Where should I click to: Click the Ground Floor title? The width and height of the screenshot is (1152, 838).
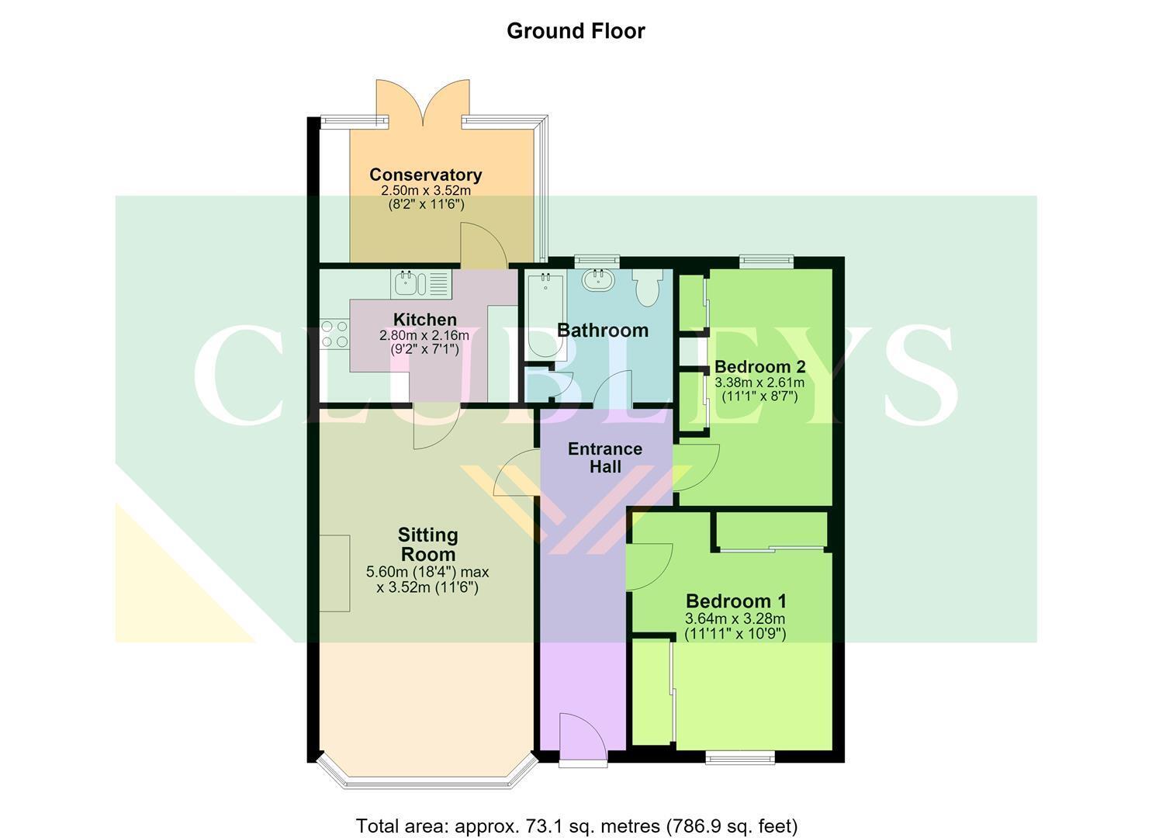tap(576, 31)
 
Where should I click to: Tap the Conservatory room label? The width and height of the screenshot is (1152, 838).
tap(425, 175)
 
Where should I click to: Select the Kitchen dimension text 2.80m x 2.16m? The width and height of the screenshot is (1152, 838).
tap(424, 336)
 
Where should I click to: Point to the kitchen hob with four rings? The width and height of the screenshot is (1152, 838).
tap(334, 334)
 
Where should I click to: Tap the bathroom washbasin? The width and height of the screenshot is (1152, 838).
tap(600, 279)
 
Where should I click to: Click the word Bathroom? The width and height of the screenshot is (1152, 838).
tap(603, 331)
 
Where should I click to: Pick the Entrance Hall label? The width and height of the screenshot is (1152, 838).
tap(605, 457)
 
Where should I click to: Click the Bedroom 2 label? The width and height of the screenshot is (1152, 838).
tap(759, 367)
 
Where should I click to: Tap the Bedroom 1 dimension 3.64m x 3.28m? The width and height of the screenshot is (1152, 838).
tap(735, 618)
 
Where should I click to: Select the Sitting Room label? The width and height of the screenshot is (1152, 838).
tap(428, 544)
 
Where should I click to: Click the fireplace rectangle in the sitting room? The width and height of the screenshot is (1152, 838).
tap(335, 573)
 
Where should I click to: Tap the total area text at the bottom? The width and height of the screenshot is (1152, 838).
tap(576, 812)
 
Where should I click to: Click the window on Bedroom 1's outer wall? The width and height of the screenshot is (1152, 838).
tap(739, 757)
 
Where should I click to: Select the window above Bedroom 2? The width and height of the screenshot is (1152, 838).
tap(766, 261)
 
